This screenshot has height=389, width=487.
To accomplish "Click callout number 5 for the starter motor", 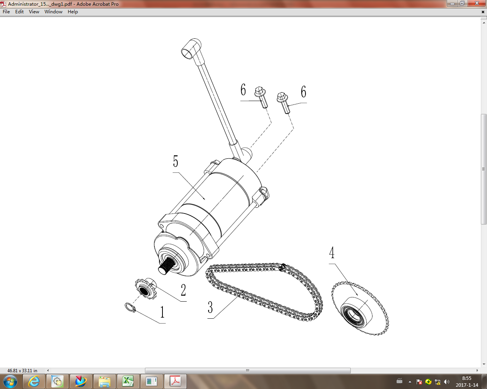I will click(175, 161).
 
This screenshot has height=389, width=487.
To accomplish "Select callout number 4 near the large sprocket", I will click(332, 253).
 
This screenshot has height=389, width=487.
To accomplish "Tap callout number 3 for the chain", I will click(210, 307).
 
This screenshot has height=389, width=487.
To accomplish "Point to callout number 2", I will click(183, 290).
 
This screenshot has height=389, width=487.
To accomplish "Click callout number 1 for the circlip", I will click(162, 312).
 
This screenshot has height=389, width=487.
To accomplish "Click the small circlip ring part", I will click(130, 307).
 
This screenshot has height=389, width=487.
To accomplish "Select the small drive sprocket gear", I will click(145, 289).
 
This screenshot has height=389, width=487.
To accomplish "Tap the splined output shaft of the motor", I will click(166, 265).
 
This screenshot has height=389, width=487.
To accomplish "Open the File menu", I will click(6, 12).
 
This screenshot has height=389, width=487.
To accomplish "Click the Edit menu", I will click(19, 12).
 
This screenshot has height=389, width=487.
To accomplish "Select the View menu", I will click(34, 12).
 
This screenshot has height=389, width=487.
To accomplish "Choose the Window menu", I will click(53, 12).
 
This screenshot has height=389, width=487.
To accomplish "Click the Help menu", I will click(73, 12).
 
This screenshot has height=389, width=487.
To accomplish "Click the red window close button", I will click(477, 3).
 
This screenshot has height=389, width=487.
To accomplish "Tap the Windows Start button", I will click(10, 381).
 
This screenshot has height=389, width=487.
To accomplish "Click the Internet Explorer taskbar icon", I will click(34, 381).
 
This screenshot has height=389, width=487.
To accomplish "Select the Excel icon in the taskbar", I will click(128, 381).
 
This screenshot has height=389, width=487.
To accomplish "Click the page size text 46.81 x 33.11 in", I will click(22, 370).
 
